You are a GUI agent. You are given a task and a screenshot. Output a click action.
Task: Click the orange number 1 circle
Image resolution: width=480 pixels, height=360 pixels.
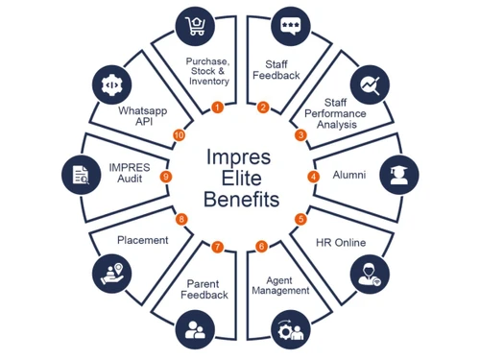(x=217, y=107)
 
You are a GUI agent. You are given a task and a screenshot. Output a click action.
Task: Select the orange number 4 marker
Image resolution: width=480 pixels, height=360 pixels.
(x=313, y=177)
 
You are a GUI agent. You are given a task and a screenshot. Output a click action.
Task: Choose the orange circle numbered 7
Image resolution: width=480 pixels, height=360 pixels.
(x=218, y=247)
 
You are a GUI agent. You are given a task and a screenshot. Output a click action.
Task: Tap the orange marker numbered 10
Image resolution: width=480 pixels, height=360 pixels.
(x=178, y=135)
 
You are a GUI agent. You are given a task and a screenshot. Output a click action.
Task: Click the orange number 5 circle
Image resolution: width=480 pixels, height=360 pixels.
(x=300, y=219)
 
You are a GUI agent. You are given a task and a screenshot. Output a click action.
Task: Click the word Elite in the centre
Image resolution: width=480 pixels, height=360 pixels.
(x=241, y=178)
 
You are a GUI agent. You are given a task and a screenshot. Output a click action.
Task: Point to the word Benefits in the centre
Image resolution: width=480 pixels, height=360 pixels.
(x=241, y=200)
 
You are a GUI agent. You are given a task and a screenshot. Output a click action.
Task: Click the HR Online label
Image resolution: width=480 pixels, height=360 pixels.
(x=341, y=243)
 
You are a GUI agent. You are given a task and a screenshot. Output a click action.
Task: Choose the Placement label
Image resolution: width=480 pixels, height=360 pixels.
(x=143, y=240)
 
